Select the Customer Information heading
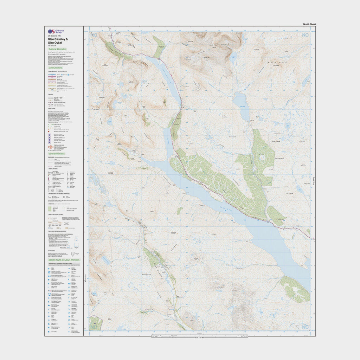(x=57, y=49)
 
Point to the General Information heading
(x=57, y=154)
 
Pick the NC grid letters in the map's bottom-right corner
(x=305, y=327)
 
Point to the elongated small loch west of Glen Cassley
(x=106, y=260)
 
